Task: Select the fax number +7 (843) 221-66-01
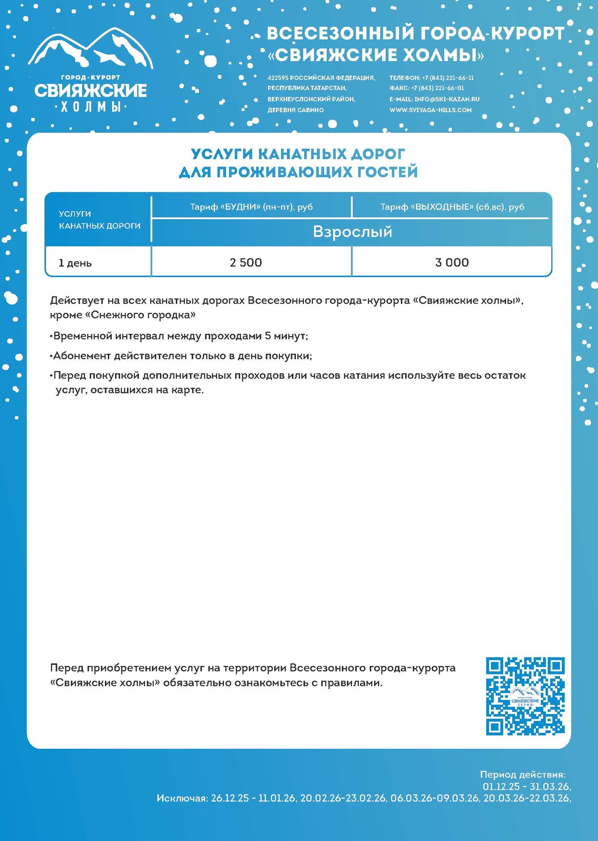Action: pyautogui.click(x=437, y=88)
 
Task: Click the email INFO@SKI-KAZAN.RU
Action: pyautogui.click(x=447, y=99)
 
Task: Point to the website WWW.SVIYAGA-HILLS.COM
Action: pyautogui.click(x=430, y=110)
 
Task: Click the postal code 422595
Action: pyautogui.click(x=278, y=78)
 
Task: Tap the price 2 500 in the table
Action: pyautogui.click(x=246, y=262)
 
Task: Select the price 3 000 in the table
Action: pyautogui.click(x=452, y=262)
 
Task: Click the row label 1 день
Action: pyautogui.click(x=75, y=263)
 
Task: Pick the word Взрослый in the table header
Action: pyautogui.click(x=353, y=232)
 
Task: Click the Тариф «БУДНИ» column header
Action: pyautogui.click(x=252, y=207)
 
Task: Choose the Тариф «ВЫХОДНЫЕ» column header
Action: pyautogui.click(x=452, y=207)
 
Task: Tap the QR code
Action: pyautogui.click(x=525, y=696)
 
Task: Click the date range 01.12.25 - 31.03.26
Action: pyautogui.click(x=526, y=786)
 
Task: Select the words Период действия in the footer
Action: pyautogui.click(x=522, y=775)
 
